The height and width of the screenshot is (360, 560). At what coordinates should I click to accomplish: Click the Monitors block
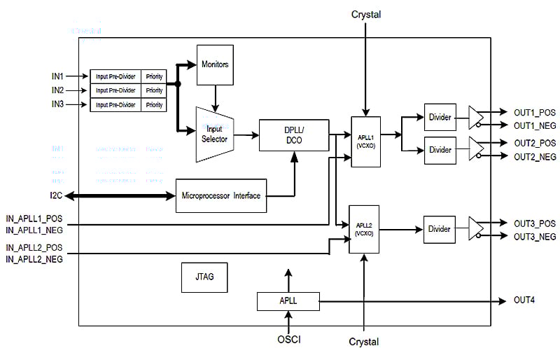pyautogui.click(x=215, y=64)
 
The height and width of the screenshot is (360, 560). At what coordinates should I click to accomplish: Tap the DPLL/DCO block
pyautogui.click(x=293, y=135)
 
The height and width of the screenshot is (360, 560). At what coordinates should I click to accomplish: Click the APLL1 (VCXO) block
pyautogui.click(x=365, y=141)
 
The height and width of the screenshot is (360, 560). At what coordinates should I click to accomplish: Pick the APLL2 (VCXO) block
pyautogui.click(x=364, y=229)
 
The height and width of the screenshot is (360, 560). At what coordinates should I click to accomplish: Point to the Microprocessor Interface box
pyautogui.click(x=220, y=195)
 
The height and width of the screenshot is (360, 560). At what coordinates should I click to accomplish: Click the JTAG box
pyautogui.click(x=201, y=277)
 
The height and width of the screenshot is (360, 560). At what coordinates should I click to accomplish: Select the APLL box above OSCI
pyautogui.click(x=288, y=302)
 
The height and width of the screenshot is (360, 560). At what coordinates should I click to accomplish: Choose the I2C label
pyautogui.click(x=57, y=195)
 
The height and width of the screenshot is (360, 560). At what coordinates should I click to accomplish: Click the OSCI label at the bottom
pyautogui.click(x=288, y=341)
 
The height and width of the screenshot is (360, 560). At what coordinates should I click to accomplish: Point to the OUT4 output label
pyautogui.click(x=526, y=300)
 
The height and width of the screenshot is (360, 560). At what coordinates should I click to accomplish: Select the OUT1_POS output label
pyautogui.click(x=534, y=112)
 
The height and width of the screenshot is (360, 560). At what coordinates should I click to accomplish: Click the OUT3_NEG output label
pyautogui.click(x=535, y=237)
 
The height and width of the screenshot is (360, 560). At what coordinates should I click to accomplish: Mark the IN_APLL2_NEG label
pyautogui.click(x=34, y=260)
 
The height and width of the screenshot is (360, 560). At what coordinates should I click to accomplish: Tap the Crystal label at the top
pyautogui.click(x=365, y=15)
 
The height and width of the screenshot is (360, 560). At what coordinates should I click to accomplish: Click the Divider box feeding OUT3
pyautogui.click(x=440, y=229)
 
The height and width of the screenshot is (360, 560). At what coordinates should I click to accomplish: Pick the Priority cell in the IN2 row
pyautogui.click(x=154, y=90)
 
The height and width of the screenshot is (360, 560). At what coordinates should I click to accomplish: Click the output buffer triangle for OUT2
pyautogui.click(x=475, y=148)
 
